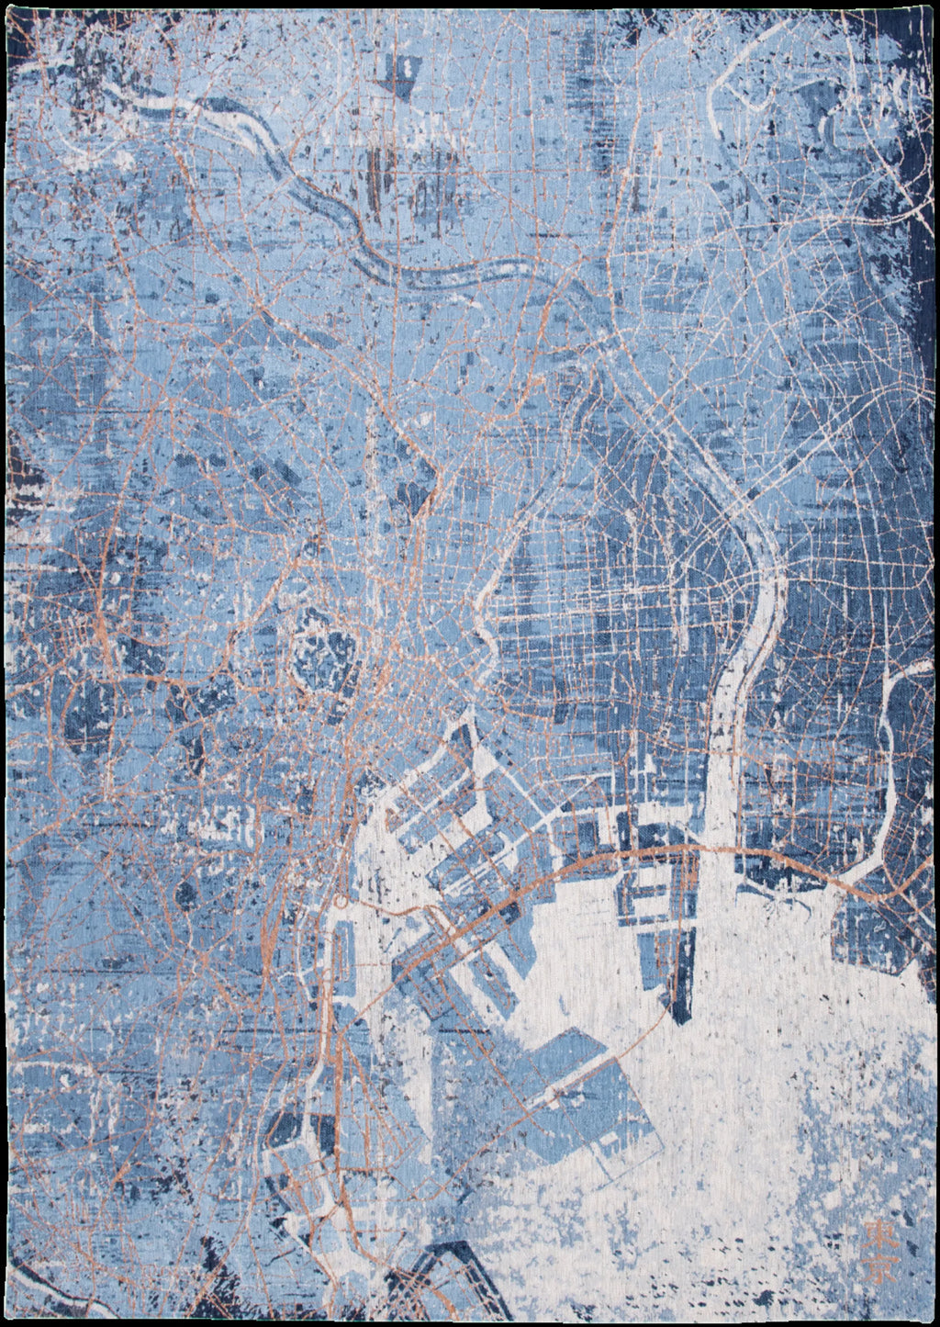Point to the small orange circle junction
tap(341, 902)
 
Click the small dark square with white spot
tap(405, 67)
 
